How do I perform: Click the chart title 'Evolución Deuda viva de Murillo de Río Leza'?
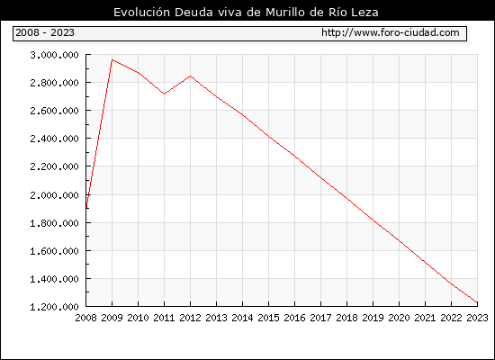pos(246,13)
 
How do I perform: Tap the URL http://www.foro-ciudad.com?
pos(391,32)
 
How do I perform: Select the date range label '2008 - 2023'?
pos(45,32)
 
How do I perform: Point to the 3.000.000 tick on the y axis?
pos(54,55)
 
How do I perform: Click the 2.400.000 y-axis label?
pos(54,139)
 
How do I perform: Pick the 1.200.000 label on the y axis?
pos(54,307)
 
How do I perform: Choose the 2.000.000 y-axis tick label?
pos(54,194)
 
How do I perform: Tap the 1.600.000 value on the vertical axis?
pos(54,251)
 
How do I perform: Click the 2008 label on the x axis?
pos(85,318)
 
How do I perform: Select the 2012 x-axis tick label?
pos(191,318)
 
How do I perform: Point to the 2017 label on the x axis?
pos(320,318)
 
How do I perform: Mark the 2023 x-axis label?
pos(477,318)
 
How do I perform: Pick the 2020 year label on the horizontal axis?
pos(399,318)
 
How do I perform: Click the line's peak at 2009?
pos(112,59)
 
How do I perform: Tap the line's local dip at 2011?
pos(164,94)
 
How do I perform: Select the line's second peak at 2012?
pos(191,76)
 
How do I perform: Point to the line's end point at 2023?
pos(477,302)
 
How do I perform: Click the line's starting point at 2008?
pos(86,208)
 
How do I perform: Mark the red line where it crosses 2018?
pos(346,198)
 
